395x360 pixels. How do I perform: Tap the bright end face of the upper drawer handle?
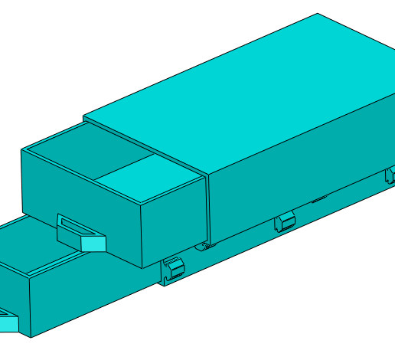click(93, 244)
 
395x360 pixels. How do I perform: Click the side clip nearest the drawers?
click(175, 268)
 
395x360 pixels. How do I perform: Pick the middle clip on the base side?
click(285, 222)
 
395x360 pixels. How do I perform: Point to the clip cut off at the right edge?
click(390, 175)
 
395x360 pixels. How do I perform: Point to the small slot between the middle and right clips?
click(319, 200)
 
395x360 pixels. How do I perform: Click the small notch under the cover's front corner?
click(202, 246)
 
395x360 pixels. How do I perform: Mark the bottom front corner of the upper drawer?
click(142, 268)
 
